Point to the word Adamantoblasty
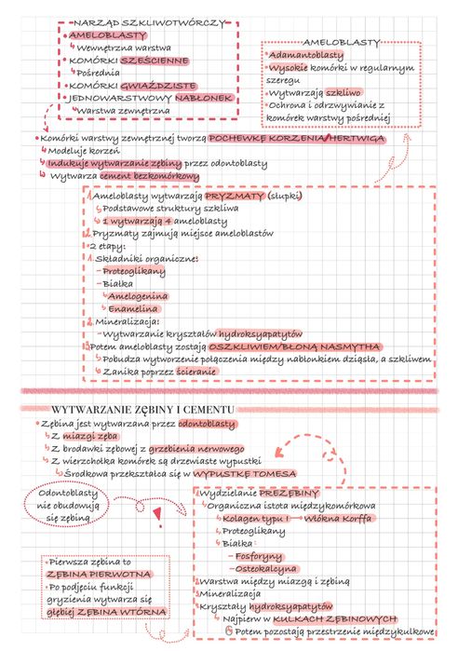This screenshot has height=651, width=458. [306, 57]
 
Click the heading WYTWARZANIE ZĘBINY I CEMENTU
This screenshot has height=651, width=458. [143, 410]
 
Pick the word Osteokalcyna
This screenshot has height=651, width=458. [266, 568]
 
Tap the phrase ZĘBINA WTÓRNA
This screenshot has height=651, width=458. [136, 612]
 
